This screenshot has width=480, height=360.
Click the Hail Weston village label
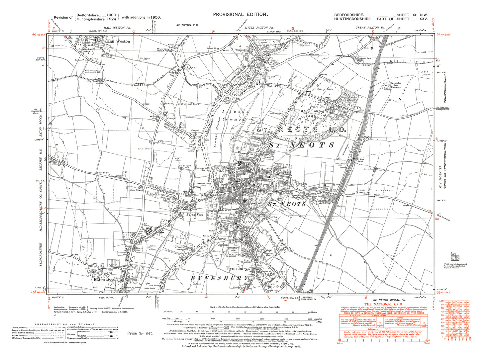118,42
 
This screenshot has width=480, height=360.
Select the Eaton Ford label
195,215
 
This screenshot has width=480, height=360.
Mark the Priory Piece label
325,89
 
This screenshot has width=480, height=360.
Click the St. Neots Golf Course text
188,104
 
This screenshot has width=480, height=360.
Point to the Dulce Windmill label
136,190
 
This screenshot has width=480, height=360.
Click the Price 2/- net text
140,333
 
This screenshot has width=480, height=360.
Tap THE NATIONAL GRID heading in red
383,304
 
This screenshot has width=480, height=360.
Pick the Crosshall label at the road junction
172,118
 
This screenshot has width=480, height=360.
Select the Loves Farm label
368,169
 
